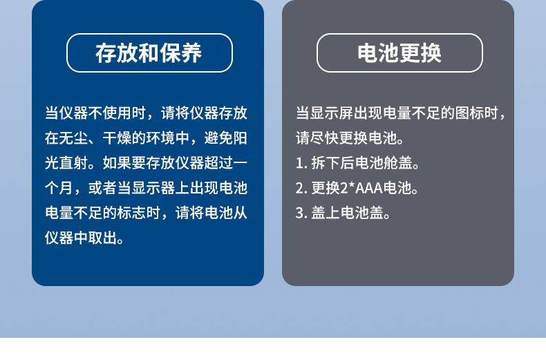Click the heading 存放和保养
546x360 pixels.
(x=149, y=53)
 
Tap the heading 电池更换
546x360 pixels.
(x=399, y=53)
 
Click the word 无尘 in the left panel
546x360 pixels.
(x=66, y=138)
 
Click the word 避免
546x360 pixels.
(x=218, y=138)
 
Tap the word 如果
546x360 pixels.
(x=117, y=163)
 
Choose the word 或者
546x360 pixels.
(x=102, y=188)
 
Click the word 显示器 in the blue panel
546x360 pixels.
(x=153, y=188)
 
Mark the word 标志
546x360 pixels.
(x=131, y=213)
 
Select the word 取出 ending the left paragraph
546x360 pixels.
(x=102, y=238)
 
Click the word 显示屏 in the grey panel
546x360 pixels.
(x=332, y=113)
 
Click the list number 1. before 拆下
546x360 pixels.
(x=301, y=163)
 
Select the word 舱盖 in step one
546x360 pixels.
(x=398, y=163)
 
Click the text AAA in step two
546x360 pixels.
(x=369, y=189)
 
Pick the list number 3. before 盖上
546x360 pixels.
(x=301, y=213)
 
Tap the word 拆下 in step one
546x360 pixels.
(x=326, y=163)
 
